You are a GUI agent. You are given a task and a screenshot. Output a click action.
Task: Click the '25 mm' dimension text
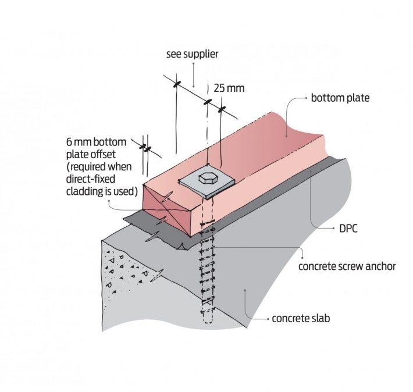click(229, 88)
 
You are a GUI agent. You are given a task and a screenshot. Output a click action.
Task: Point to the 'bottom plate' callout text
click(340, 98)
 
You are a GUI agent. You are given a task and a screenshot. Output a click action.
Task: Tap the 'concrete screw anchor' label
click(347, 266)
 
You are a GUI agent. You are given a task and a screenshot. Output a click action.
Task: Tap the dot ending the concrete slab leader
click(247, 288)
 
